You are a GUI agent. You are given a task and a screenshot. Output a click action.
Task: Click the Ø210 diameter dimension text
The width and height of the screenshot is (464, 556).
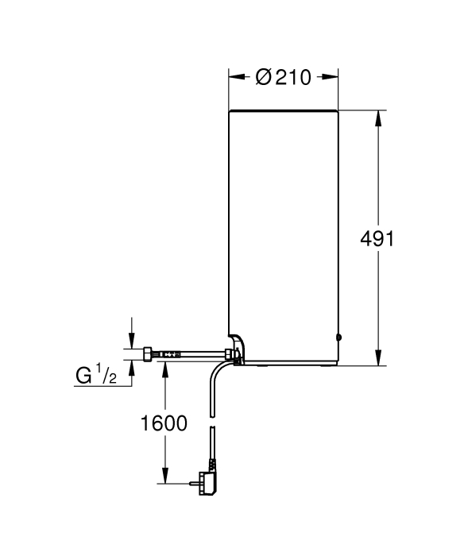[283, 77]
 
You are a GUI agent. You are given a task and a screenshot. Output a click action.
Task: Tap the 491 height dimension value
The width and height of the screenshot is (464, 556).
[377, 239]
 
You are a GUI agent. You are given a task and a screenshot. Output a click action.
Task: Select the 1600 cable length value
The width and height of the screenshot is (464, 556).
[164, 423]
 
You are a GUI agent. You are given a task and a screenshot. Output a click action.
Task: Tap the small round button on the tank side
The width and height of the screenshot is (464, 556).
[338, 338]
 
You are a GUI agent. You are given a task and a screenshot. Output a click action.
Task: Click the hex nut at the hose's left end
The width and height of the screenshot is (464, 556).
[148, 354]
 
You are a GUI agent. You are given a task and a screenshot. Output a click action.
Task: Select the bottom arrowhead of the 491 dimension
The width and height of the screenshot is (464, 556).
[378, 357]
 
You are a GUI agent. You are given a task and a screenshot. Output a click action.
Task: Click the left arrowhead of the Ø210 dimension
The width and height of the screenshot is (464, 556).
[237, 77]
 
